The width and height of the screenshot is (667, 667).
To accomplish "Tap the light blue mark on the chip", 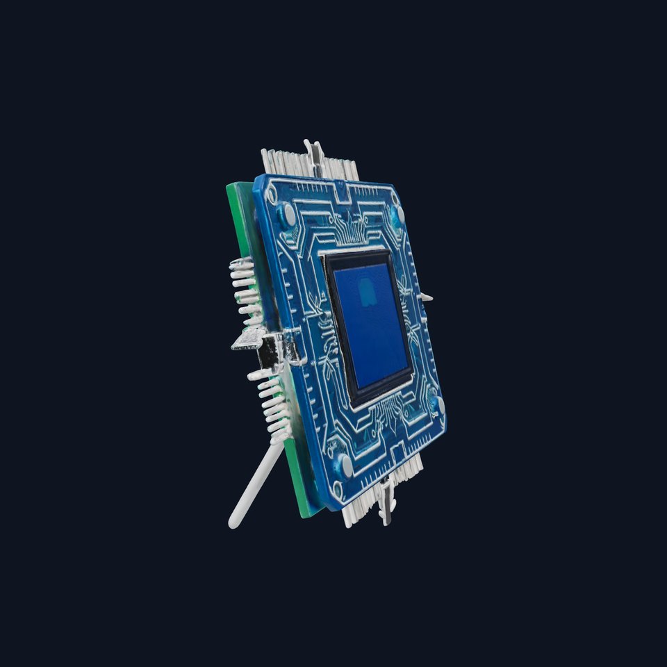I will [x=366, y=293].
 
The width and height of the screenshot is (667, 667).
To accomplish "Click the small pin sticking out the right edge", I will [x=425, y=297].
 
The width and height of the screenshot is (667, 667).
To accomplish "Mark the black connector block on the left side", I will [x=268, y=354].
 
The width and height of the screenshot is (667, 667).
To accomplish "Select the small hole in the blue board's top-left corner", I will [x=272, y=194].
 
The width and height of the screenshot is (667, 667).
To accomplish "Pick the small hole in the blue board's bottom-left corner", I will [x=338, y=490].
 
